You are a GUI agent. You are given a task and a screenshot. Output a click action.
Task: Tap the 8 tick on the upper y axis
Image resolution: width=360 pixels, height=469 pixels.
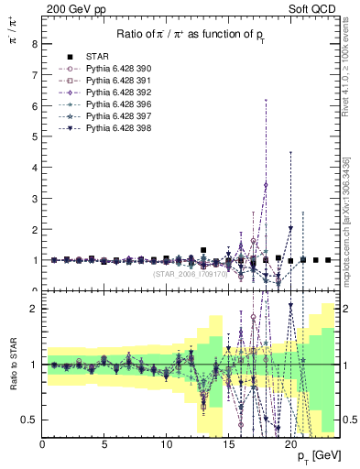click(33, 44)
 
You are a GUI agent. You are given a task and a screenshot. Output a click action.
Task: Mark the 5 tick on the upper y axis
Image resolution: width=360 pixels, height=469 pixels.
click(33, 136)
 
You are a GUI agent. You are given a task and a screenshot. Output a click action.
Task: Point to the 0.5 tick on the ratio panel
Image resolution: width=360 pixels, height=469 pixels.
click(29, 420)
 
